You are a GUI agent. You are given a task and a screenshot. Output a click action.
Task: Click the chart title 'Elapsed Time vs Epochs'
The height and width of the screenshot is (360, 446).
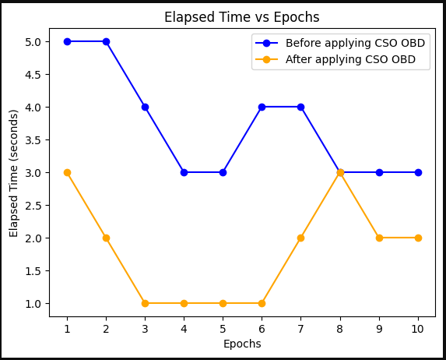pos(241,17)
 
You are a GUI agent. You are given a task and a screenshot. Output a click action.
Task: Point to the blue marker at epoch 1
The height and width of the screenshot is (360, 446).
pos(67,41)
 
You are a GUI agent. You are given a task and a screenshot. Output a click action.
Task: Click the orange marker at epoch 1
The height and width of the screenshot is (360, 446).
pos(67,172)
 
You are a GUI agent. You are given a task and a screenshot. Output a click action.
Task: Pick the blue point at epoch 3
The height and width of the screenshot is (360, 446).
pos(145,107)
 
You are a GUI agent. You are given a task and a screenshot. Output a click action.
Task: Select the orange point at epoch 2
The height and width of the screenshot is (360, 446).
pos(106,238)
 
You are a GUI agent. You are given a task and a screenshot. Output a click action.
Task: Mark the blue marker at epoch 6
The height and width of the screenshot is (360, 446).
pos(262,107)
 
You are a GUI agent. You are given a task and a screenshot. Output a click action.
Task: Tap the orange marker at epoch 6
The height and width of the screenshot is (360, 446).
pos(262,303)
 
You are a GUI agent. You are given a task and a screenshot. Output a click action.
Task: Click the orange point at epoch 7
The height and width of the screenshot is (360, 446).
pos(300,238)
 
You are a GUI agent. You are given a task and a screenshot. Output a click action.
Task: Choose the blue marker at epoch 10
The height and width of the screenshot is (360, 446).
pos(418,172)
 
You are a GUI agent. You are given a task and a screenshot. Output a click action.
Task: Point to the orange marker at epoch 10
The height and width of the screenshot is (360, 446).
pos(418,238)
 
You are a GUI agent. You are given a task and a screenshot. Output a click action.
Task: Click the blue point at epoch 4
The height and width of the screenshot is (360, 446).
pos(184,172)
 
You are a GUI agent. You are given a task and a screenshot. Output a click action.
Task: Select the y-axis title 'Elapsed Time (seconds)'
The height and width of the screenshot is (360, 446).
pos(14,172)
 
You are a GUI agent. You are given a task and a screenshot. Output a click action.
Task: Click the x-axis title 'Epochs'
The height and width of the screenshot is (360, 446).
pos(242,344)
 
